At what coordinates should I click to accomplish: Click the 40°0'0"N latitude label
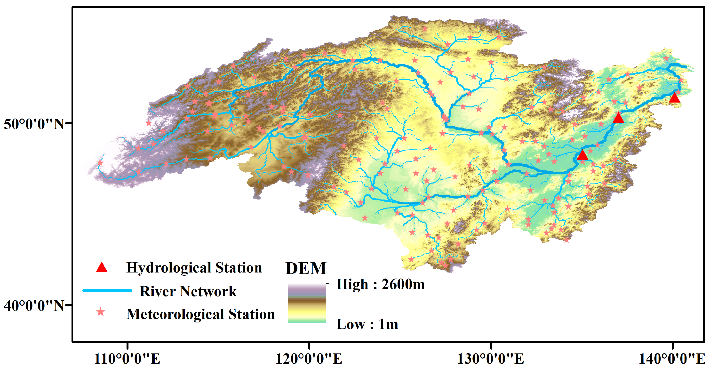click(x=34, y=305)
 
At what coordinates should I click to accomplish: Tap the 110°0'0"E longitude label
click(x=127, y=359)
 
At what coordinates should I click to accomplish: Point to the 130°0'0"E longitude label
click(x=490, y=359)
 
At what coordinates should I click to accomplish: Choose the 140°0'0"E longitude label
click(x=672, y=359)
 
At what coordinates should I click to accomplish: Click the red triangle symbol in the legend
click(x=101, y=267)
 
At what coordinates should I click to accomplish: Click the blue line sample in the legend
click(x=107, y=290)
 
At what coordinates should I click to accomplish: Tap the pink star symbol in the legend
click(x=101, y=312)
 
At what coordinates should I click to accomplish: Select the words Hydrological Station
click(x=194, y=268)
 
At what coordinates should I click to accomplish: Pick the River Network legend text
click(x=188, y=291)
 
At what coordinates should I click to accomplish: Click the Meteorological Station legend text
click(x=200, y=314)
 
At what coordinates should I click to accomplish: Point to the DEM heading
click(x=306, y=268)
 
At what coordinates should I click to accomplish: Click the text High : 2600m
click(x=380, y=284)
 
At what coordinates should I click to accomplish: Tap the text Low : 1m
click(x=367, y=324)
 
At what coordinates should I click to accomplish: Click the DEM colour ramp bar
click(x=306, y=303)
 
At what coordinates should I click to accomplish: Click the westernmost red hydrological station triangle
click(x=582, y=155)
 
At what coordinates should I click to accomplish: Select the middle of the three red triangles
click(x=618, y=118)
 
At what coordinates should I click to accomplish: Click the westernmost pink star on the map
click(x=100, y=163)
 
